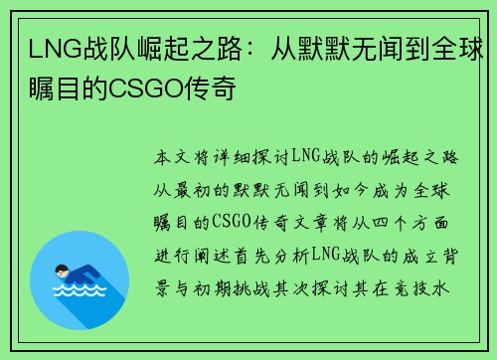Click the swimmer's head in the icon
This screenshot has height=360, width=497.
[63, 270]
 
